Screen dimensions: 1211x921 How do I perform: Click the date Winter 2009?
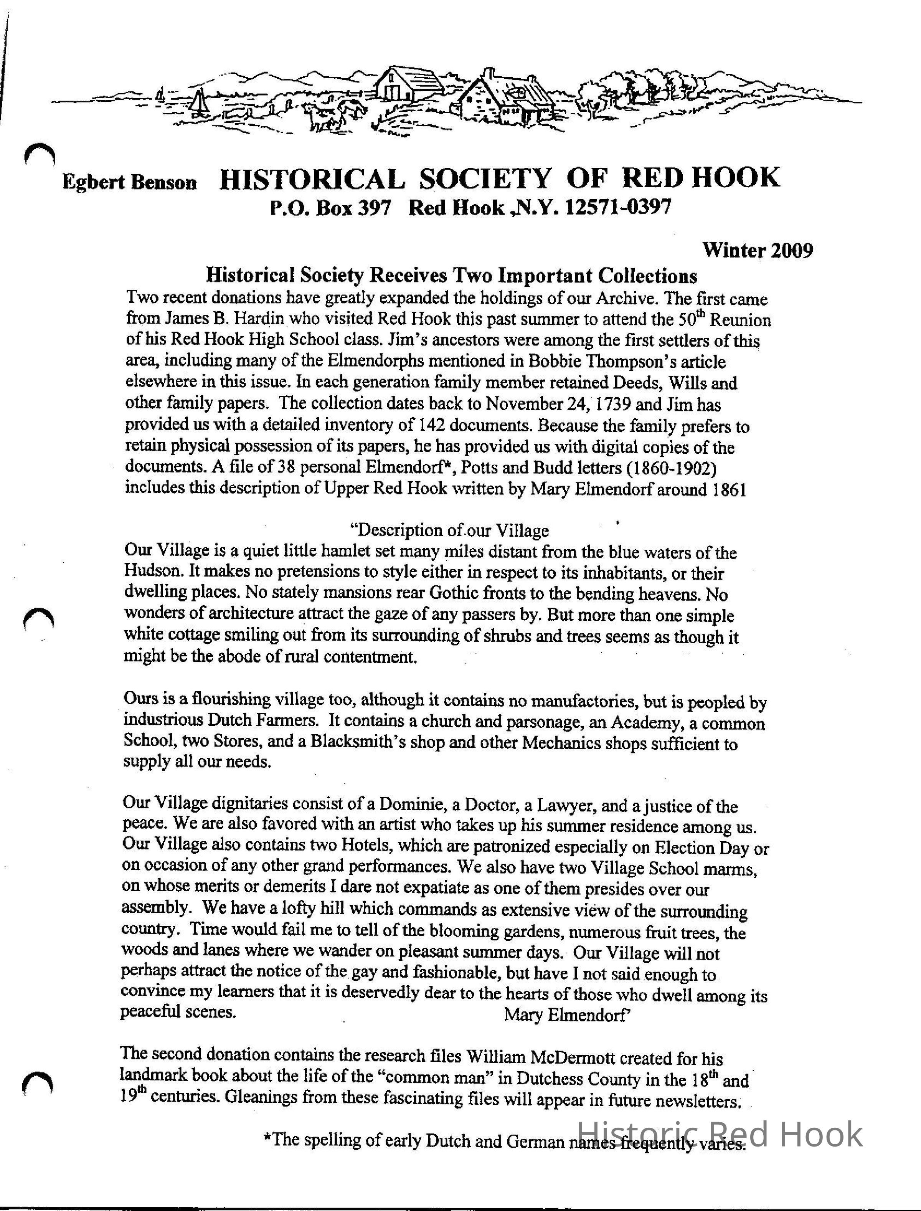coord(758,251)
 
